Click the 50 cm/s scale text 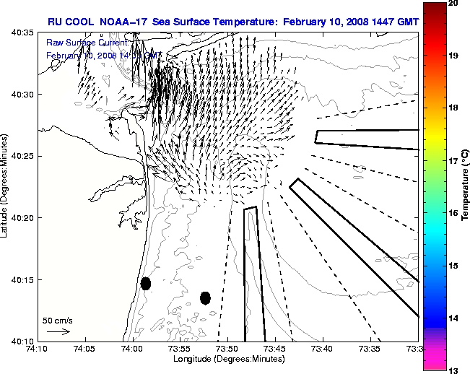(56, 320)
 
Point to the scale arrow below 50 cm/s (58, 331)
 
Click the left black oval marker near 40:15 (146, 283)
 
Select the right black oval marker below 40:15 (205, 297)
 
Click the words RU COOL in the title (72, 22)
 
